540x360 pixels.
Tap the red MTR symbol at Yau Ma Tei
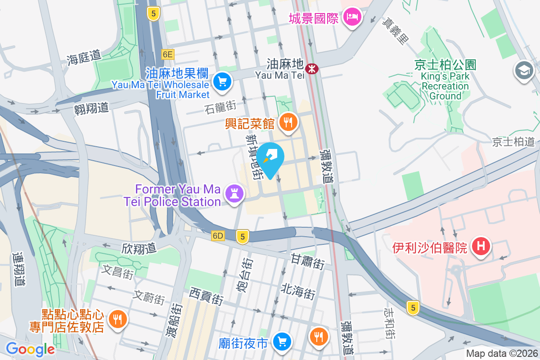(x=311, y=69)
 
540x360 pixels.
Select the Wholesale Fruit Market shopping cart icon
(x=222, y=82)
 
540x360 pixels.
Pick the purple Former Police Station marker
(x=235, y=194)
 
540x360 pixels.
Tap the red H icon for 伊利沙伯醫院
(x=481, y=247)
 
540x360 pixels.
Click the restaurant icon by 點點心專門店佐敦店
(x=117, y=319)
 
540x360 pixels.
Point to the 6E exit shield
(x=167, y=54)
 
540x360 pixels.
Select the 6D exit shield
(x=218, y=236)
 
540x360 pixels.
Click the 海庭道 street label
(x=84, y=57)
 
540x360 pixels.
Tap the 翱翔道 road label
(x=91, y=108)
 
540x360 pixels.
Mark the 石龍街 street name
(x=220, y=108)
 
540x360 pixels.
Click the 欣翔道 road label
(x=139, y=248)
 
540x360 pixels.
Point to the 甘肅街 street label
(x=308, y=261)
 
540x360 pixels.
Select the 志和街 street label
(x=389, y=323)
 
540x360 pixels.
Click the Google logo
(x=30, y=349)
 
